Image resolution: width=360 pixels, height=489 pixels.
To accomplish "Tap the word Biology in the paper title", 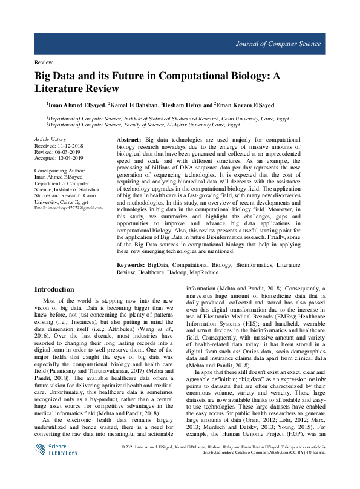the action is coord(246,77).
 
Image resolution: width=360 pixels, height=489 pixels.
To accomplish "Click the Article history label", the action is coord(50,139).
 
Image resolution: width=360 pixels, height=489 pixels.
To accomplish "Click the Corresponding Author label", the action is coord(59,171).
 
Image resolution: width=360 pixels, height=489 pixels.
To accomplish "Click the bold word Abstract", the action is coord(128,140).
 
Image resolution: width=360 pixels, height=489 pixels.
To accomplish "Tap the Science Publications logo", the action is coord(54,450).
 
